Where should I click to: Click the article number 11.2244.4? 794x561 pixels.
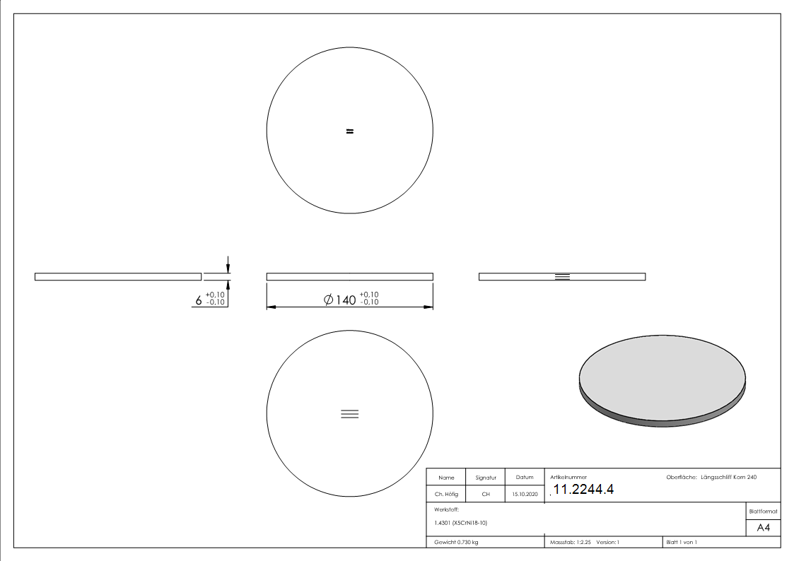point(583,490)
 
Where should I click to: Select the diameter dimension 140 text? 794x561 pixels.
point(346,300)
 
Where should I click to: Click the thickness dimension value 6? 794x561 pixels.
point(199,301)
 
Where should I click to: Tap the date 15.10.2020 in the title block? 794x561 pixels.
point(525,495)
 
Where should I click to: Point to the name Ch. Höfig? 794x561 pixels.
point(446,495)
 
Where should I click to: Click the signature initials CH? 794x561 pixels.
point(486,495)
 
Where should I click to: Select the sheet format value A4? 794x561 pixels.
point(764,528)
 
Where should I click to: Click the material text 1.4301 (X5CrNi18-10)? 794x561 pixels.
point(461,523)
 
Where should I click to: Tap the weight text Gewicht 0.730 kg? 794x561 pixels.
point(457,542)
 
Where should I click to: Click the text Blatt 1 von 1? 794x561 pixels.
point(682,542)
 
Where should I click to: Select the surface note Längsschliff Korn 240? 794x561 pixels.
point(728,478)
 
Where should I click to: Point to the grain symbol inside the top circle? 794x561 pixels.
point(349,131)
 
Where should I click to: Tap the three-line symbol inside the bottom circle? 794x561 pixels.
point(349,414)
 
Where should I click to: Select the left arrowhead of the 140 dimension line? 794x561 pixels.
point(271,307)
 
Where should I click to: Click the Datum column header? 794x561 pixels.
point(525,478)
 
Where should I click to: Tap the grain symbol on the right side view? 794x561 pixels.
point(562,276)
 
